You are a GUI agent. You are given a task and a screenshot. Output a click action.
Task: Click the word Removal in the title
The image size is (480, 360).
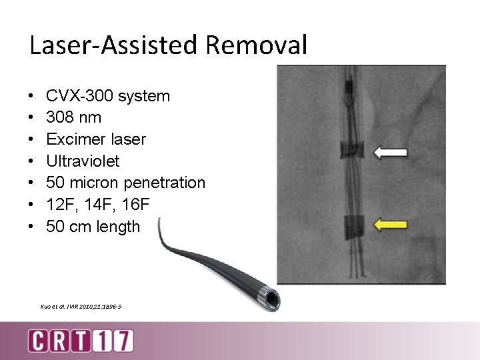257,45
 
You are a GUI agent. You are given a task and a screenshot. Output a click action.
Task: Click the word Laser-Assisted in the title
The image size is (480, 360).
114,45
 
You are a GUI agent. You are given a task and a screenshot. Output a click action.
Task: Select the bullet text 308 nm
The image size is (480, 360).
73,117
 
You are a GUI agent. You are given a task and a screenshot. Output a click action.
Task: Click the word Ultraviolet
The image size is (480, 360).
83,161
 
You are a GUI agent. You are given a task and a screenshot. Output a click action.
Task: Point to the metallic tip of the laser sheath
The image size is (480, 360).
271,295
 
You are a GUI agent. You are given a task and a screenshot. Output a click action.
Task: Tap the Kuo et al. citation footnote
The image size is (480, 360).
81,306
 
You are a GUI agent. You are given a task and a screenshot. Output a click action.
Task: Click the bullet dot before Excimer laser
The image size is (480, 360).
32,139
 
